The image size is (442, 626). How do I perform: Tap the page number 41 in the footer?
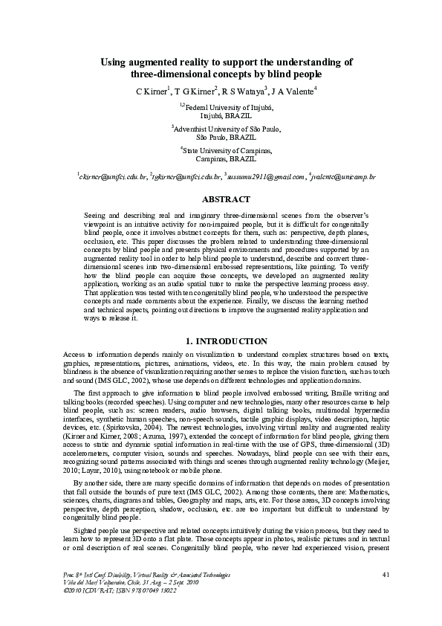click(385, 596)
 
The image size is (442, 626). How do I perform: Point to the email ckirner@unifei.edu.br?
click(113, 178)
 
